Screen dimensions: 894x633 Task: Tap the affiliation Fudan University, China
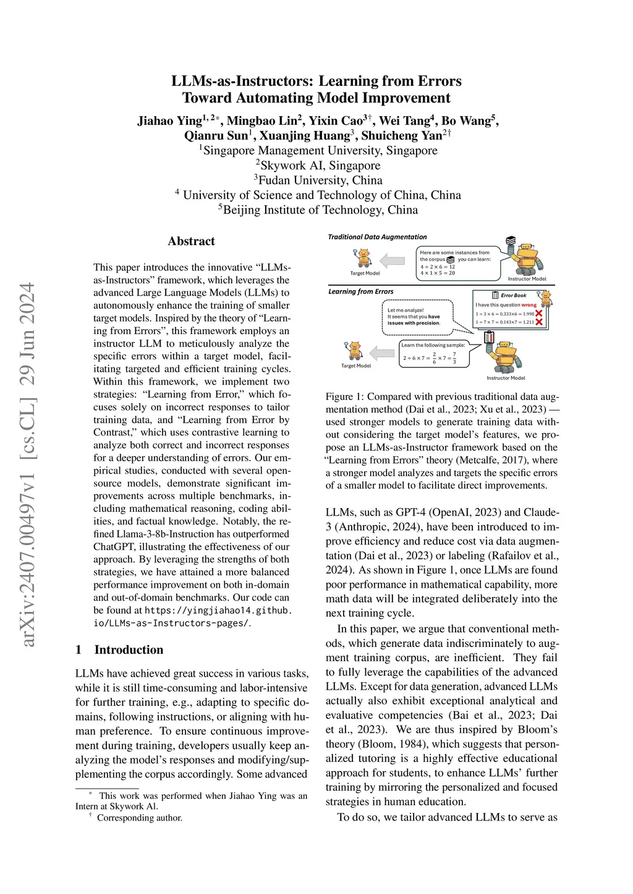[320, 180]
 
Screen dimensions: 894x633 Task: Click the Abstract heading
[191, 241]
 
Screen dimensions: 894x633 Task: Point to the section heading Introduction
[129, 650]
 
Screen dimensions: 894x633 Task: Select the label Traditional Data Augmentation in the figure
[377, 237]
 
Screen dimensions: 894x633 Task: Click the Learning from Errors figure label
[360, 291]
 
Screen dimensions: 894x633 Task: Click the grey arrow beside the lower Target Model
[382, 353]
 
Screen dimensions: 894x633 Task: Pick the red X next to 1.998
[539, 314]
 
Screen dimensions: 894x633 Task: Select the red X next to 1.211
[539, 322]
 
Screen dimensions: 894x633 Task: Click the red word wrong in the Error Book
[529, 305]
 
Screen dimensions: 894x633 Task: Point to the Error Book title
[513, 295]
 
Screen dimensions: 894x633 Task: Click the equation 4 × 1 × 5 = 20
[438, 273]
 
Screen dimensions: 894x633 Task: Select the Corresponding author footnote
[139, 818]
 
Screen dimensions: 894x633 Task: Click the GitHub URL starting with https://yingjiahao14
[218, 611]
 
